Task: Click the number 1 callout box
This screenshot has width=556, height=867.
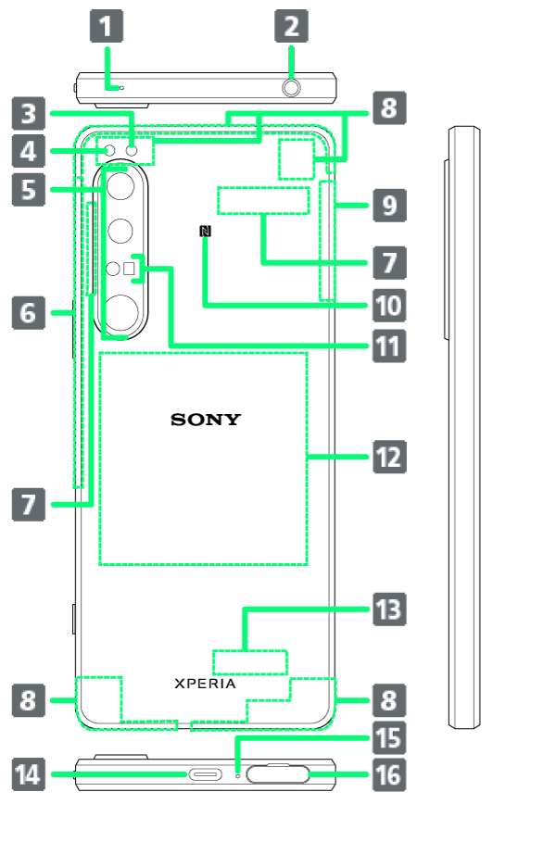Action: tap(107, 25)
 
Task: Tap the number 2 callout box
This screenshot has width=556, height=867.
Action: tap(292, 25)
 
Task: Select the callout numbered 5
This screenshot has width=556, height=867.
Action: tap(28, 190)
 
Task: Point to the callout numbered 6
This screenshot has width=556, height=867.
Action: tap(28, 312)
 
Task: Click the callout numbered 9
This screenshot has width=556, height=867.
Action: tap(389, 205)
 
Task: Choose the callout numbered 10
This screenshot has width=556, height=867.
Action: tap(389, 306)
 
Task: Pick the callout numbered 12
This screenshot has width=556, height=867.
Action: tap(389, 457)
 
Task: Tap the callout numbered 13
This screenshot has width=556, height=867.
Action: tap(389, 609)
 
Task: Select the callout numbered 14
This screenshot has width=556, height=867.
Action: tap(28, 774)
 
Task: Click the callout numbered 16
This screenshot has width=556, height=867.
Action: tap(389, 774)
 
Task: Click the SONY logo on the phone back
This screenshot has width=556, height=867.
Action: tap(205, 420)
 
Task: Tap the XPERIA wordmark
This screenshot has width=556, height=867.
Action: tap(205, 684)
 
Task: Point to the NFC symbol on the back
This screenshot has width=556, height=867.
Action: tap(205, 232)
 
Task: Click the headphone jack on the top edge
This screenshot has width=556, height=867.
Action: tap(291, 87)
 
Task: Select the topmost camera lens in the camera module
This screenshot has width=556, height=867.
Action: tap(120, 186)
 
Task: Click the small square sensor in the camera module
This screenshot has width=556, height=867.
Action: tap(129, 269)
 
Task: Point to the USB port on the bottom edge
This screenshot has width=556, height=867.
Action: tap(205, 774)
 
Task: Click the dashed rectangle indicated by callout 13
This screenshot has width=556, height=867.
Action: tap(250, 662)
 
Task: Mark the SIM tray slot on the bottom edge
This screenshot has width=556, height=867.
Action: tap(278, 774)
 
